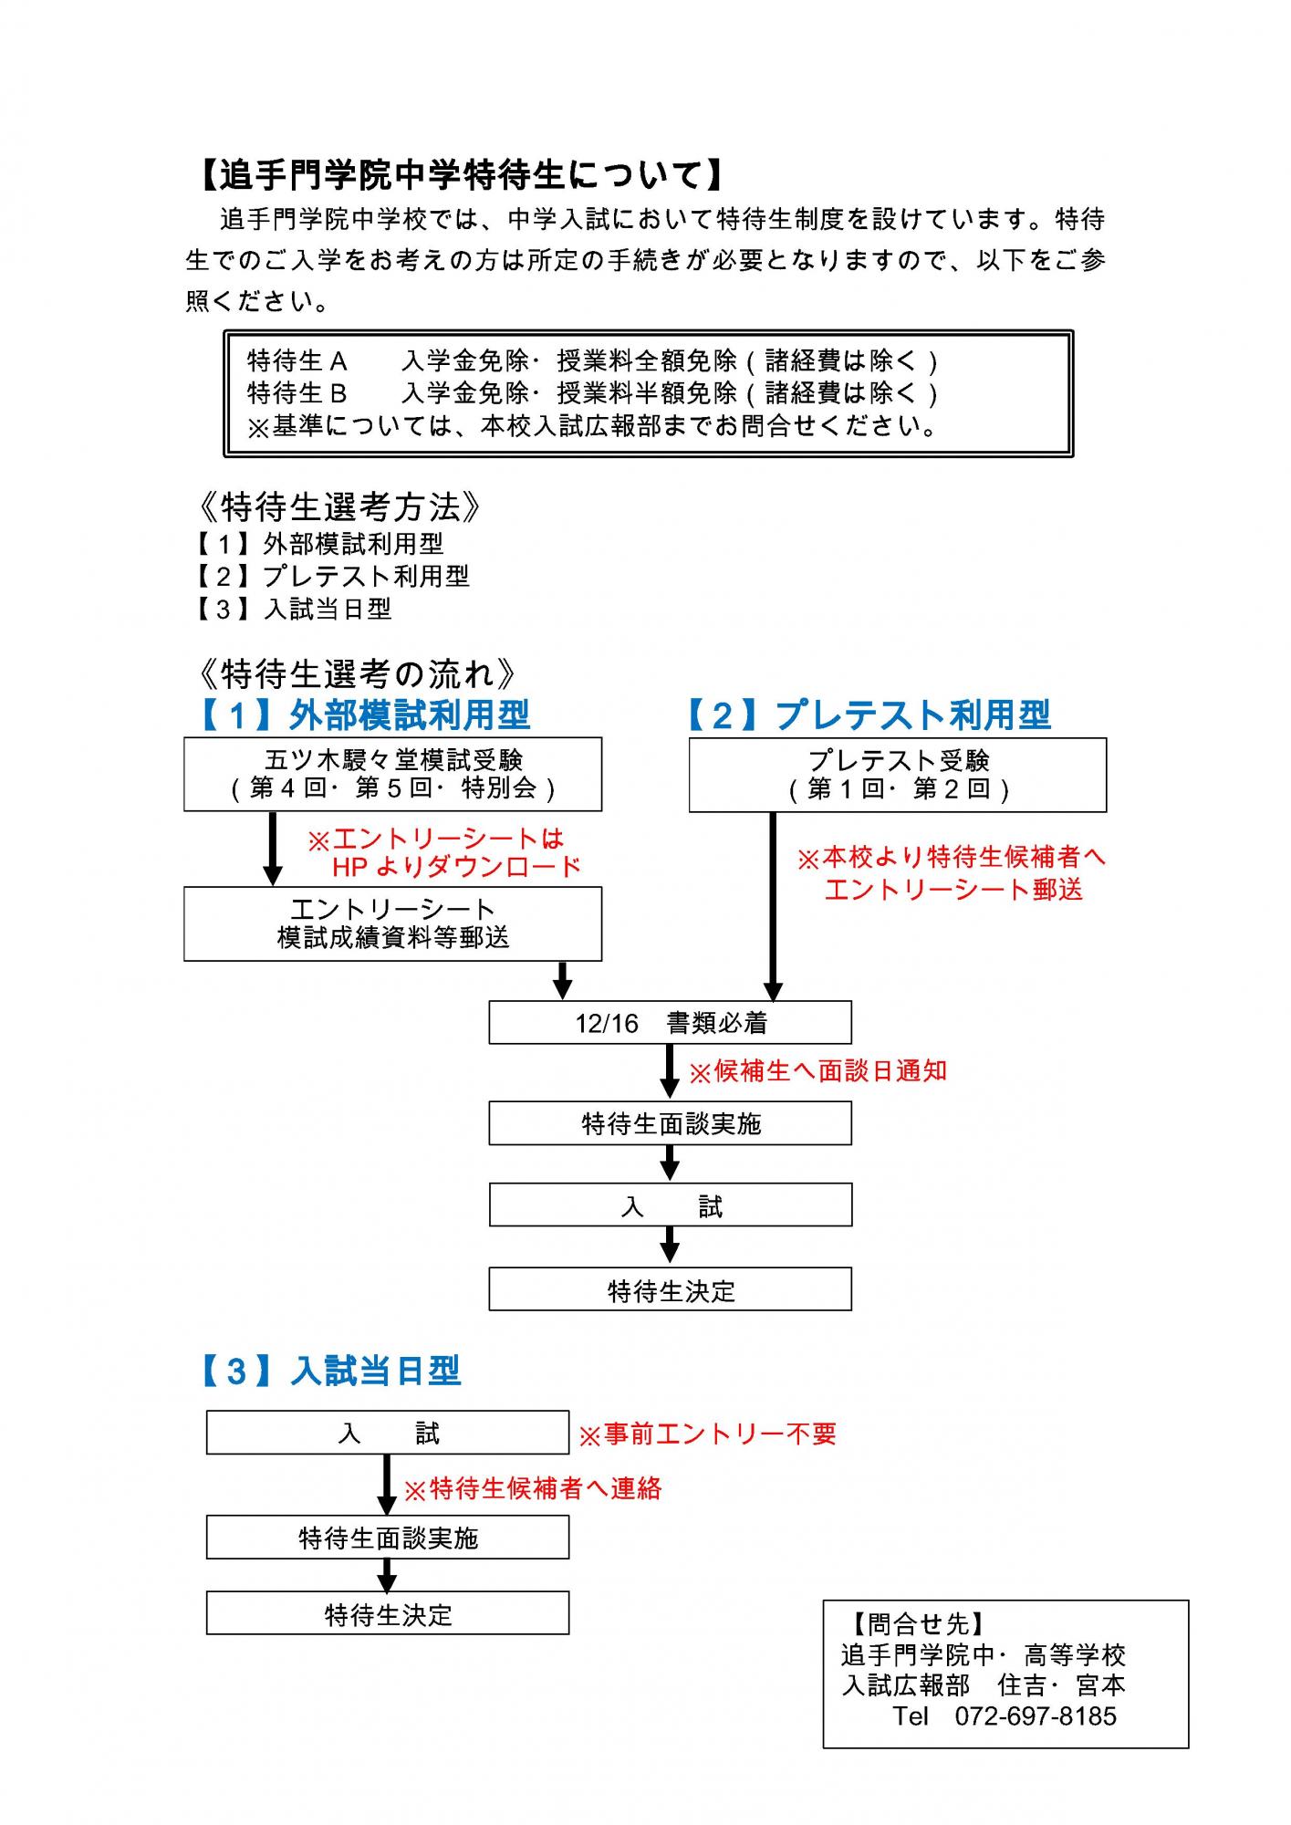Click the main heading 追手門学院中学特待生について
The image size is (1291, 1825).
pyautogui.click(x=462, y=175)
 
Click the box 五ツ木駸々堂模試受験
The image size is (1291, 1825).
pyautogui.click(x=392, y=774)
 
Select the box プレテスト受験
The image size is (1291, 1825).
pyautogui.click(x=898, y=775)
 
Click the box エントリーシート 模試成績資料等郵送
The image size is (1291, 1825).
pyautogui.click(x=392, y=923)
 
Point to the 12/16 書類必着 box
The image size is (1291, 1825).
pyautogui.click(x=671, y=1023)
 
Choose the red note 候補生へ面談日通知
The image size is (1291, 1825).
pyautogui.click(x=818, y=1071)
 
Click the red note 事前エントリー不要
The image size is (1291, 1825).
pyautogui.click(x=708, y=1435)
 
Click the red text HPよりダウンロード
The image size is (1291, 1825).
pyautogui.click(x=456, y=867)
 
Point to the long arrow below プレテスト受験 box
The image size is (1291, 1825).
pyautogui.click(x=773, y=906)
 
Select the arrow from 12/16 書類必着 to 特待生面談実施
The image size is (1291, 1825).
pyautogui.click(x=670, y=1072)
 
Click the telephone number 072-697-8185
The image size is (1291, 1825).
pyautogui.click(x=1036, y=1716)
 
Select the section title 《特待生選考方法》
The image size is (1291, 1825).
pyautogui.click(x=338, y=506)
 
